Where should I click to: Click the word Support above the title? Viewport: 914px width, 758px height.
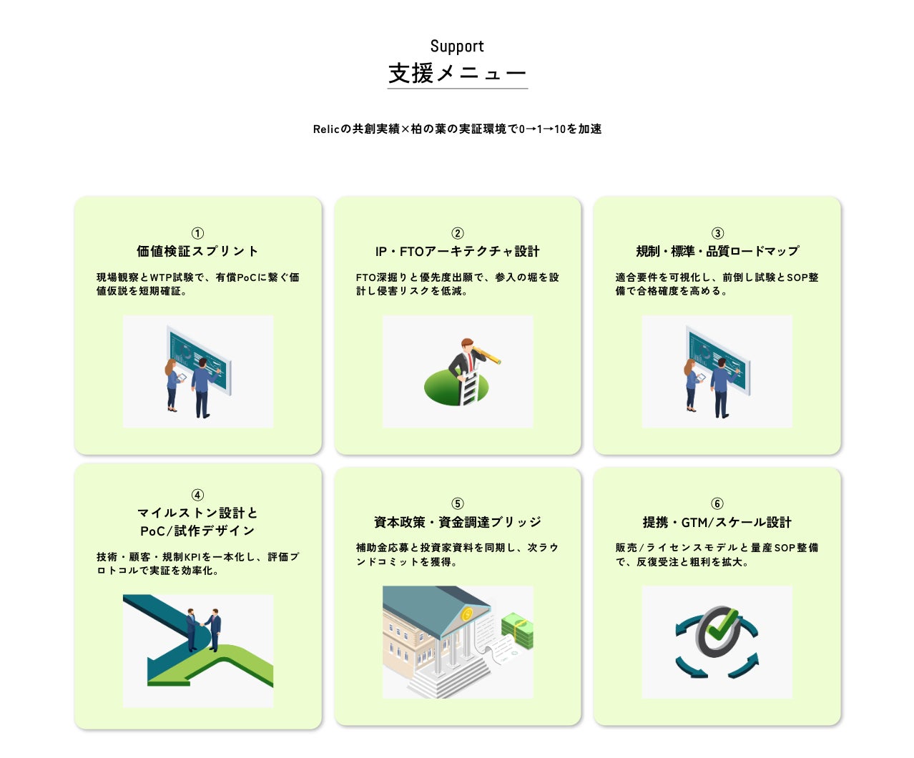click(x=457, y=46)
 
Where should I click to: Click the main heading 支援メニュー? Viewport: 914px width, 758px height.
click(x=457, y=73)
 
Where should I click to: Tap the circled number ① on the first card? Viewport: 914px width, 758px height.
click(x=197, y=233)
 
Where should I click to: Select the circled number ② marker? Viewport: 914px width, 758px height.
click(x=458, y=233)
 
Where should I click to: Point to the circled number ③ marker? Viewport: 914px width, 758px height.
click(x=717, y=233)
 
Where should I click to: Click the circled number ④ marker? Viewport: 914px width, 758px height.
click(x=197, y=495)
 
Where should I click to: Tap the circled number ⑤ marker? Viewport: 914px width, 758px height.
click(x=458, y=503)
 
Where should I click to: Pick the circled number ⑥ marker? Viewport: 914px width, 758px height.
click(x=717, y=503)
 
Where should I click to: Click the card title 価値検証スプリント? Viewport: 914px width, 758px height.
click(x=197, y=251)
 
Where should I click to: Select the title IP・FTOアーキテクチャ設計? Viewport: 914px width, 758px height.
click(x=458, y=251)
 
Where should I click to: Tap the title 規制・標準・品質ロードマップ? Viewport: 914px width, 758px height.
click(x=717, y=251)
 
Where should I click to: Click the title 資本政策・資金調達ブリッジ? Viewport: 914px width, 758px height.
click(x=458, y=522)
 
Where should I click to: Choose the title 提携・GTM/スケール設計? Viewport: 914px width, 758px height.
click(x=717, y=522)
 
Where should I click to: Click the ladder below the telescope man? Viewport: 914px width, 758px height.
click(x=469, y=388)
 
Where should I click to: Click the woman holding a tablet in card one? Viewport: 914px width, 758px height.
click(x=172, y=385)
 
